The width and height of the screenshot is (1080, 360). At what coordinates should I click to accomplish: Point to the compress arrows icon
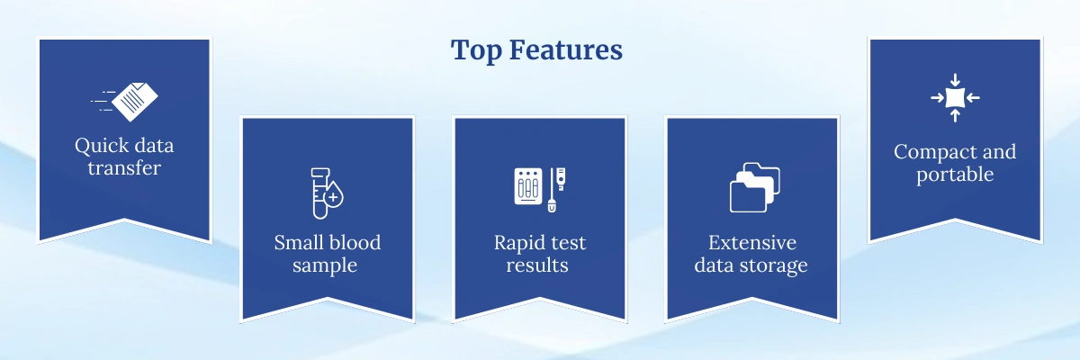pyautogui.click(x=955, y=97)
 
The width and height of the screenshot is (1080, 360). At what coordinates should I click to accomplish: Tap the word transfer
pyautogui.click(x=124, y=168)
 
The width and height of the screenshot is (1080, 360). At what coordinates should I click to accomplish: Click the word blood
pyautogui.click(x=355, y=243)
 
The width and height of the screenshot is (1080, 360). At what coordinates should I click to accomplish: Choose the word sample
pyautogui.click(x=328, y=265)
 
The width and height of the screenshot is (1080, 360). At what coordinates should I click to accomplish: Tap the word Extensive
pyautogui.click(x=752, y=243)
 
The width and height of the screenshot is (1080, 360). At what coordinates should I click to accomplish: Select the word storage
pyautogui.click(x=776, y=265)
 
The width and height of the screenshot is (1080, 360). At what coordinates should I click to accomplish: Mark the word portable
pyautogui.click(x=955, y=174)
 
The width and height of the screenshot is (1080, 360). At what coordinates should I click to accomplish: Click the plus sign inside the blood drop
pyautogui.click(x=334, y=195)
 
